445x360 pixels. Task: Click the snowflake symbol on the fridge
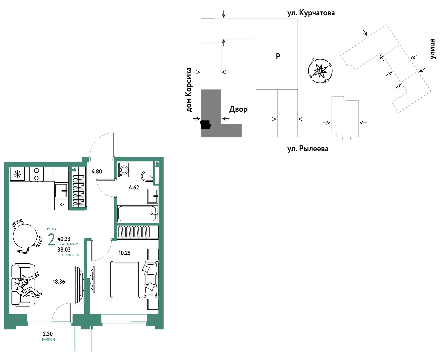tap(17, 174)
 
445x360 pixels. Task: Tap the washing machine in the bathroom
tap(124, 170)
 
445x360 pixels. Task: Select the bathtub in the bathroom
tap(137, 213)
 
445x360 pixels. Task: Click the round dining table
tap(25, 236)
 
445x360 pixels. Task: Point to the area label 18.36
tap(59, 282)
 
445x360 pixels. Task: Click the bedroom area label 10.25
tap(125, 253)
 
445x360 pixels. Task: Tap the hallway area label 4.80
tap(97, 171)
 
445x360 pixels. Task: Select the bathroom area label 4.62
tap(134, 187)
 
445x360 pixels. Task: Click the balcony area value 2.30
tap(48, 334)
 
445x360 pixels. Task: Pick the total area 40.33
tap(64, 239)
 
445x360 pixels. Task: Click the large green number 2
tap(51, 240)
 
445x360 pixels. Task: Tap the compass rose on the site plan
tap(320, 71)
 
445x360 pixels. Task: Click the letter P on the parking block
tap(278, 56)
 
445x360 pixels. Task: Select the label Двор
tap(238, 109)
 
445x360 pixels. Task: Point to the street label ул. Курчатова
tap(311, 13)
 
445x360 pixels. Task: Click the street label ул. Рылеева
tap(308, 149)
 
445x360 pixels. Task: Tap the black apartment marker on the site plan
tap(205, 124)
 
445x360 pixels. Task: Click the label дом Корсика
tap(189, 89)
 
